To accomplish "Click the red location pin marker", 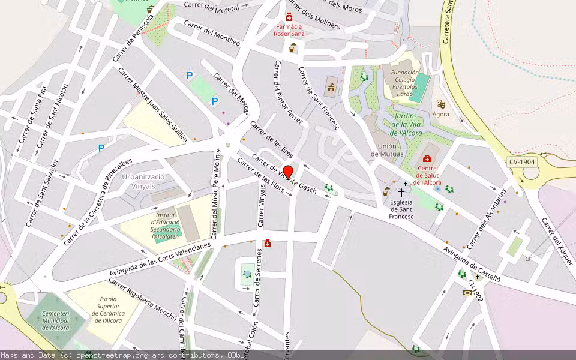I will click(287, 172).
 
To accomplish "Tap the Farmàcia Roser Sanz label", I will click(289, 30).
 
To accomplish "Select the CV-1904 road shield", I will click(521, 162).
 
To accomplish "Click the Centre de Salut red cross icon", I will click(427, 159).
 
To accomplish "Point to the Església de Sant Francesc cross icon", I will click(401, 193).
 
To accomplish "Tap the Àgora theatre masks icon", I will click(440, 104).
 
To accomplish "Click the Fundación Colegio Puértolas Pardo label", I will click(404, 83).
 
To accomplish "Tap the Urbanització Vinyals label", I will click(143, 182).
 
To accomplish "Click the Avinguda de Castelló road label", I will click(471, 259).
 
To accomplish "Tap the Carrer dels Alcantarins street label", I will click(487, 219).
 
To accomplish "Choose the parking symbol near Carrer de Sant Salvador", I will click(101, 148).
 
